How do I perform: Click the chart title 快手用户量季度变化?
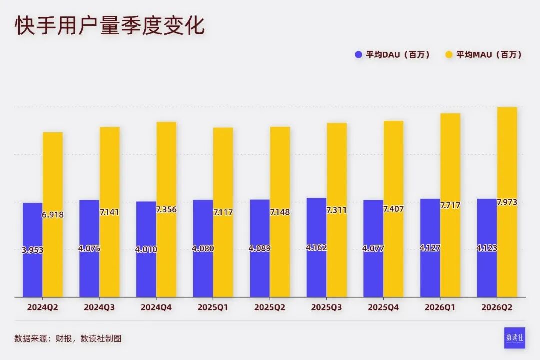click(x=110, y=25)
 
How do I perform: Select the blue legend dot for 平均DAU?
click(x=358, y=55)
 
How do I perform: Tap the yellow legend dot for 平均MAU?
click(x=449, y=55)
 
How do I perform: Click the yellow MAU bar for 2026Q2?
click(x=507, y=202)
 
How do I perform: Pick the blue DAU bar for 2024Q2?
click(x=32, y=250)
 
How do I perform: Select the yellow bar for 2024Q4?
click(x=166, y=209)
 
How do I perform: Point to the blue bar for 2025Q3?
click(x=316, y=247)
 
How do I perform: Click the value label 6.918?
click(x=53, y=215)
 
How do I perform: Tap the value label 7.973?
click(x=507, y=202)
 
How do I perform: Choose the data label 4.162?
click(x=316, y=247)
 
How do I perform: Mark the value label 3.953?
click(x=32, y=250)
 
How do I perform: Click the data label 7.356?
click(x=166, y=209)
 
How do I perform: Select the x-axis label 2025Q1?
click(x=213, y=307)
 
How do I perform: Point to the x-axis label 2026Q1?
click(x=440, y=307)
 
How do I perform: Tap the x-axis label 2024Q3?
click(x=99, y=307)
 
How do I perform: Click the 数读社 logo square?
click(x=515, y=338)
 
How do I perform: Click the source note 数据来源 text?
click(x=68, y=339)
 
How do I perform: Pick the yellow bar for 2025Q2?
click(x=280, y=212)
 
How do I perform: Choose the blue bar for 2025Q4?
click(x=373, y=248)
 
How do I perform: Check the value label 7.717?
click(x=450, y=205)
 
